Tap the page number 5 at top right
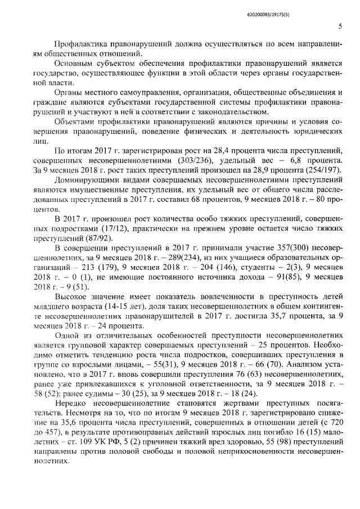pyautogui.click(x=340, y=26)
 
